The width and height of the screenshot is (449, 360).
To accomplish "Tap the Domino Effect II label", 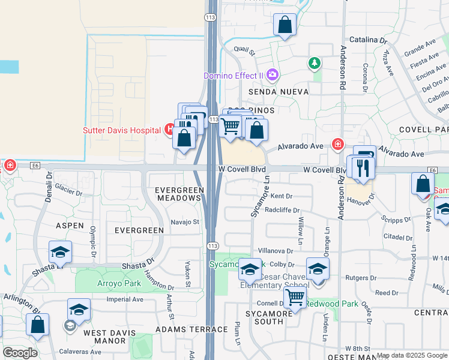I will tap(234, 76).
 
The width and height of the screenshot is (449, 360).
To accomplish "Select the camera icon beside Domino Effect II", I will tap(273, 75).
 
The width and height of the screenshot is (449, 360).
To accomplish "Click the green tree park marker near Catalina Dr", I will tap(313, 63).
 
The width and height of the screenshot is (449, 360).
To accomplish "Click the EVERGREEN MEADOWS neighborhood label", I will tap(178, 194).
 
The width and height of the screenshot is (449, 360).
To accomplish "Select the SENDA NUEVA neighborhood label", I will tap(278, 92).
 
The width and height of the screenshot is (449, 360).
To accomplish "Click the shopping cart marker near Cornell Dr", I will tap(295, 296).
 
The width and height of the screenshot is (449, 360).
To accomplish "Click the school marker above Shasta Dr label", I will tap(60, 253).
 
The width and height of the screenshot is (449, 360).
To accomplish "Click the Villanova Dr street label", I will tap(276, 251).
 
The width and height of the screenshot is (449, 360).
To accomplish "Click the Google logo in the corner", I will tap(20, 353).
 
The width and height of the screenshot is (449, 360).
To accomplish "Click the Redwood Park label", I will tap(332, 304).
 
